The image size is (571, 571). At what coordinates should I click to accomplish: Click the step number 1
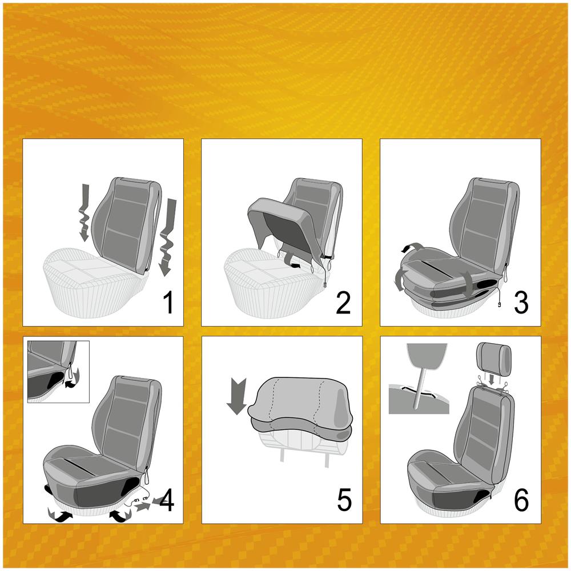[168, 303]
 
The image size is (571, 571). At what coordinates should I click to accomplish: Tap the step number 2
[343, 303]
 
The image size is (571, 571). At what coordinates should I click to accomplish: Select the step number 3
[521, 303]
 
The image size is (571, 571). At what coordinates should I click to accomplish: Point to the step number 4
[166, 501]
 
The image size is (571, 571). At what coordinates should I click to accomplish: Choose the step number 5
[344, 501]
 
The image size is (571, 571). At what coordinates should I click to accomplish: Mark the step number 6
[521, 501]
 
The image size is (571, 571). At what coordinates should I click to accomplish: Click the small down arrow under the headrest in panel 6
[492, 380]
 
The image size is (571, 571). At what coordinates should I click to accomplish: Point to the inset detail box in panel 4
[58, 372]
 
